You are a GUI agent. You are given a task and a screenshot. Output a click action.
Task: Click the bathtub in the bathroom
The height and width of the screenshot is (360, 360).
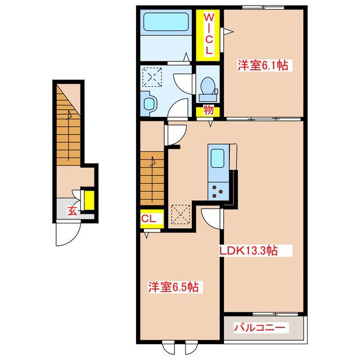point(166,21)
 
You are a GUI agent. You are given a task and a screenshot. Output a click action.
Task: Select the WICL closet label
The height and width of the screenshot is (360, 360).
point(209,34)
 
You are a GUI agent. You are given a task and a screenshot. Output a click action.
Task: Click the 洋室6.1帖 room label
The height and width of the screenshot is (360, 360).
point(263,65)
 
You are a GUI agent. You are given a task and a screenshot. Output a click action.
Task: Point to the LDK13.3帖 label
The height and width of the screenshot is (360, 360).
point(249,250)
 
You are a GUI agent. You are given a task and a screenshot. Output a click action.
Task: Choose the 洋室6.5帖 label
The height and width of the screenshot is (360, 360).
point(173,287)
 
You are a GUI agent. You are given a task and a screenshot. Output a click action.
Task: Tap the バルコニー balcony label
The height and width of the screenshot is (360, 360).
point(260,327)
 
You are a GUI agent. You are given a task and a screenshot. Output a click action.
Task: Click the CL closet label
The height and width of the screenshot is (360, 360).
point(148,219)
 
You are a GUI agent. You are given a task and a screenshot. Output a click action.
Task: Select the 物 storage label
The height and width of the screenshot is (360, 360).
point(208,110)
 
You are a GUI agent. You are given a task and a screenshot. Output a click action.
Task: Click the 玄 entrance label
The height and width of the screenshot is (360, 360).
point(73,211)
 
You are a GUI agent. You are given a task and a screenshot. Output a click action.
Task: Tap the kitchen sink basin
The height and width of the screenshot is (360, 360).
point(218,158)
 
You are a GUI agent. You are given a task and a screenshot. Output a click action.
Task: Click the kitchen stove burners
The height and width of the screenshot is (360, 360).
point(217,191)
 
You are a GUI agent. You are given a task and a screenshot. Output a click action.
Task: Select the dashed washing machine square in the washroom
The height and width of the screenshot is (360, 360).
point(152,76)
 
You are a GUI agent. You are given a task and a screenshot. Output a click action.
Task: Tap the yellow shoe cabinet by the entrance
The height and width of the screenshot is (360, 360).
point(89,200)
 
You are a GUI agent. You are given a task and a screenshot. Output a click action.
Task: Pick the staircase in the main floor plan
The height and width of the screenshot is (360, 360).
point(152,178)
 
